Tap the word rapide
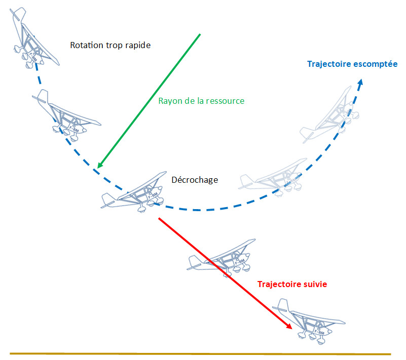(x=138, y=46)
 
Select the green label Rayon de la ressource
(x=201, y=101)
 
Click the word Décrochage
(x=195, y=180)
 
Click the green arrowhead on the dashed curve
(x=100, y=165)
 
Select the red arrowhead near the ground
(x=289, y=326)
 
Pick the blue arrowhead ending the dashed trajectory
(x=360, y=82)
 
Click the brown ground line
(x=200, y=354)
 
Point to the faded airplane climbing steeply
(x=330, y=115)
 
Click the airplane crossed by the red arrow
(x=222, y=259)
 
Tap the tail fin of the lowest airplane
(x=283, y=305)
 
